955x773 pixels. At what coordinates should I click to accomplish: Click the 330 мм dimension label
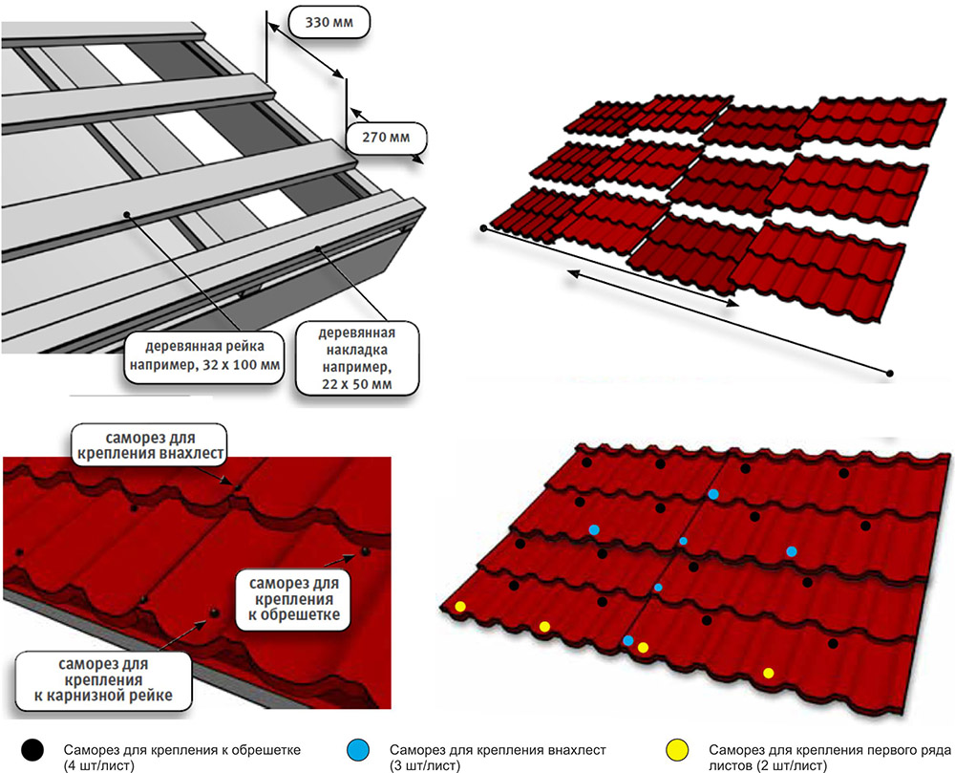[327, 19]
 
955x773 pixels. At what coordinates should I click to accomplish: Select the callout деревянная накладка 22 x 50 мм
[359, 357]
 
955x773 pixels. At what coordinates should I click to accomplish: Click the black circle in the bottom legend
[36, 750]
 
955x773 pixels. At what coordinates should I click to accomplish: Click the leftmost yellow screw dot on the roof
[460, 607]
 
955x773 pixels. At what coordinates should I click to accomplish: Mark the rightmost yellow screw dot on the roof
[769, 674]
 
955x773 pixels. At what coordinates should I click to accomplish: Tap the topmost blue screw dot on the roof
[713, 494]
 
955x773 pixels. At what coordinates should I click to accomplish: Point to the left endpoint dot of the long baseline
[484, 229]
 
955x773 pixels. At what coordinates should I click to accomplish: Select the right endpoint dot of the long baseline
[890, 373]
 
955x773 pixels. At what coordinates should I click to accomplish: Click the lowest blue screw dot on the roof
[627, 640]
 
